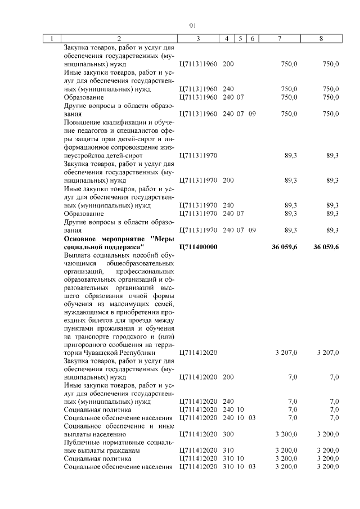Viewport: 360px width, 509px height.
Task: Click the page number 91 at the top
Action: coord(192,26)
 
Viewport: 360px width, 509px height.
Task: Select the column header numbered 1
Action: coord(52,39)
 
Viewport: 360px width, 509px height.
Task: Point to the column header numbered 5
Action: coord(240,39)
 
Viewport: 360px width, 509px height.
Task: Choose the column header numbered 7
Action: coord(280,39)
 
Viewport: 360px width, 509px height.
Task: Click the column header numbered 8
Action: coord(321,39)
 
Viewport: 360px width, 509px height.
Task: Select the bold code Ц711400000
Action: coord(197,247)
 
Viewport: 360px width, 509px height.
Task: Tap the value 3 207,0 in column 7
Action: coord(286,353)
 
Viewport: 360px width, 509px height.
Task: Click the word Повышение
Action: coord(82,122)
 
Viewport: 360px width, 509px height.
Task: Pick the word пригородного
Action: coord(85,345)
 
